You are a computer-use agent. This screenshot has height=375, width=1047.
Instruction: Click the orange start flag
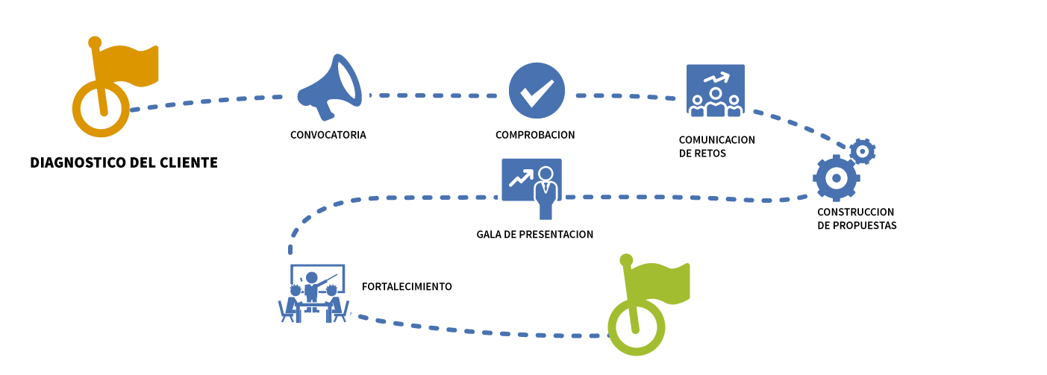[127, 66]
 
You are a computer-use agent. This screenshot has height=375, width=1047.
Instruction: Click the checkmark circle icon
[537, 91]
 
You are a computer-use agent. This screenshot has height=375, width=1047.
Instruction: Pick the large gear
[836, 178]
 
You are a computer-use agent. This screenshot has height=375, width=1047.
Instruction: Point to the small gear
[863, 151]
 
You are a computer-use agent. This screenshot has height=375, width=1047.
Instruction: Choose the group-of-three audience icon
[715, 90]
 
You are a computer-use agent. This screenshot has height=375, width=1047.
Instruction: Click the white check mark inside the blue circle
[537, 91]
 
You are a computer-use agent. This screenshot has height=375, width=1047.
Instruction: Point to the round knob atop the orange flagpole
[95, 42]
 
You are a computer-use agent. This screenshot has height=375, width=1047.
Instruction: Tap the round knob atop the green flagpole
[626, 260]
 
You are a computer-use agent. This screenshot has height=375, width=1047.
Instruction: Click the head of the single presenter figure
[546, 174]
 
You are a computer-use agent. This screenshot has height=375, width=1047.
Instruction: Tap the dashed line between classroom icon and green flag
[478, 332]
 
